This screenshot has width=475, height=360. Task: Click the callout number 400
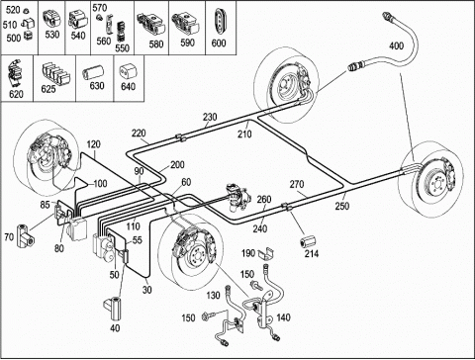[396, 45]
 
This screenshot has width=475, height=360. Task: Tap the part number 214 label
[312, 253]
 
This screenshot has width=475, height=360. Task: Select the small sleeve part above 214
[308, 241]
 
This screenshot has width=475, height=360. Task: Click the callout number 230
[210, 117]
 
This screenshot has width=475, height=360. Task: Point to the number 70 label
[9, 236]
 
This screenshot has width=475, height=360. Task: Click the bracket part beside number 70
[26, 234]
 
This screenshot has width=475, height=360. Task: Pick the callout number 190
[248, 253]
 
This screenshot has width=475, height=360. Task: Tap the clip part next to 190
[266, 253]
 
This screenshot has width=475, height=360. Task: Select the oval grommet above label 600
[220, 21]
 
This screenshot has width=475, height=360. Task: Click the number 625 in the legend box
[48, 89]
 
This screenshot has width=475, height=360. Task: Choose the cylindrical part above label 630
[93, 72]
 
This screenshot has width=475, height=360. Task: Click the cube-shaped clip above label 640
[128, 70]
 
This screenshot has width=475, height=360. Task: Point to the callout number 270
[297, 184]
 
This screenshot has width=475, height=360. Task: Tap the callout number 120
[94, 144]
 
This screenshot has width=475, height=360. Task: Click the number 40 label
[115, 328]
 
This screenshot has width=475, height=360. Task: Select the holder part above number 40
[114, 308]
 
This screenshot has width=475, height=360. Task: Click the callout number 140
[283, 317]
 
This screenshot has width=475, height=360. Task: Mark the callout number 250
[342, 206]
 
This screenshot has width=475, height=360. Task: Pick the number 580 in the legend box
[156, 44]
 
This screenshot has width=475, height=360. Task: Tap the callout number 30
[147, 290]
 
